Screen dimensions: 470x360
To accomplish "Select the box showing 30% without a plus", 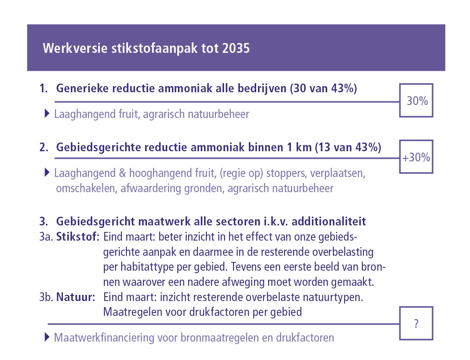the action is point(416,101).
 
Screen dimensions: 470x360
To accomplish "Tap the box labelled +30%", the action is point(416,157).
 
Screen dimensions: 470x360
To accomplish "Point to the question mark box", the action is point(416,323).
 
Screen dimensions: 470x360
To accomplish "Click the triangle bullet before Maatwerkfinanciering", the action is point(47,337).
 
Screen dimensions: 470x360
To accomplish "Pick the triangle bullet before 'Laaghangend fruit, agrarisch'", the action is point(47,114).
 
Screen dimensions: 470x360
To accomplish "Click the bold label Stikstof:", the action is point(77,237).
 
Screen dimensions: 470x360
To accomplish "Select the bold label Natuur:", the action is point(76,297).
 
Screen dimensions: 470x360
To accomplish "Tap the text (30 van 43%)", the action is point(323,88).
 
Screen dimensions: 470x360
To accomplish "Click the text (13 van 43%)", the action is point(348,148).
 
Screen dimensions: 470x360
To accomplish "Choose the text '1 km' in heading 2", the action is point(299,148).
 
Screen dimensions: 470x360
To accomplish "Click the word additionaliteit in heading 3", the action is point(329,221).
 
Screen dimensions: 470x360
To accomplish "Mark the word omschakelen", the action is point(85,189).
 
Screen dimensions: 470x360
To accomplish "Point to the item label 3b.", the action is point(46,297).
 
